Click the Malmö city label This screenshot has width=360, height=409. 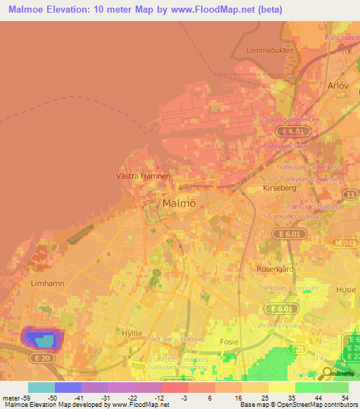179,203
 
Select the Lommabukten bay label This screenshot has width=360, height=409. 264,51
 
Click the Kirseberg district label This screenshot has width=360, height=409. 277,190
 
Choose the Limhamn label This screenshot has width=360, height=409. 28,283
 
